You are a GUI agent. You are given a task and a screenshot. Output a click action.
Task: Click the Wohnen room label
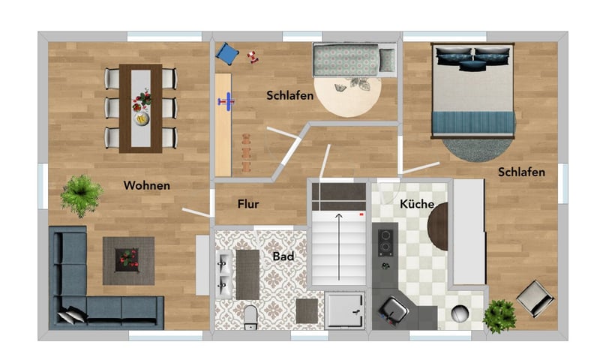147,185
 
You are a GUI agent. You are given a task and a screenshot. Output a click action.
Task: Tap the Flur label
248,204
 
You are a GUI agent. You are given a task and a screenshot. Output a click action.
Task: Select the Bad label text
283,256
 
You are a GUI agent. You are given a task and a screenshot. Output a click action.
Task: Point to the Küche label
417,204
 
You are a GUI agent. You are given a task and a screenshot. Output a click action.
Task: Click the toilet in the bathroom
251,317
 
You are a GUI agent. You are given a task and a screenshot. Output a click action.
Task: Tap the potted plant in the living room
81,196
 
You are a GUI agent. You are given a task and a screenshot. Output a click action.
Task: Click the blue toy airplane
226,102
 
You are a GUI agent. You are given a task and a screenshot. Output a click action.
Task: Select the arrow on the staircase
339,247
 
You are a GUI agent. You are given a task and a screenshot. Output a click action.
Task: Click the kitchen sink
394,310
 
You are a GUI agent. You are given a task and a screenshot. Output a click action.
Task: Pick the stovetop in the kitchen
385,242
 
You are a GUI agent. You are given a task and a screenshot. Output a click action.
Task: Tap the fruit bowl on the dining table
142,118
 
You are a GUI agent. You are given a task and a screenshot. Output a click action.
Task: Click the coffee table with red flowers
128,261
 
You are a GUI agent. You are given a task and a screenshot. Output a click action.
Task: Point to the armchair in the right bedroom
535,298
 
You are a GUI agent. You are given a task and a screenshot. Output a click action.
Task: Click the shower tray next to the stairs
344,310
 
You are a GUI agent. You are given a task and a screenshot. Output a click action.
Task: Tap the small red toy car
253,57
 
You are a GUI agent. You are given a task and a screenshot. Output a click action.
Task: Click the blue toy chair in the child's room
227,53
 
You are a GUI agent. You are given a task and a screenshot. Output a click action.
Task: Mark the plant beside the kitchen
499,316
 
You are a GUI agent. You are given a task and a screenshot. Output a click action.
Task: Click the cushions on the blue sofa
73,315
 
